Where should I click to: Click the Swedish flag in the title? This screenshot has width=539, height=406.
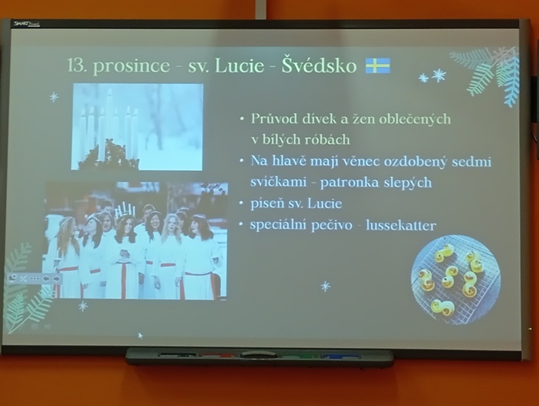coord(377,65)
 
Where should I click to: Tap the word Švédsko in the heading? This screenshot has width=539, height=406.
coord(319,65)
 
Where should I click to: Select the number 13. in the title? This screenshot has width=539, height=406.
coord(77,65)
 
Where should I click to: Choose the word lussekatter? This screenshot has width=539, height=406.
coord(401,226)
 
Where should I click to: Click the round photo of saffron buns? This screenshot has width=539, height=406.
coord(455,280)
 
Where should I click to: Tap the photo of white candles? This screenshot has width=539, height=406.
coord(137,126)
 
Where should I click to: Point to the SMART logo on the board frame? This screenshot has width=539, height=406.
coord(27,24)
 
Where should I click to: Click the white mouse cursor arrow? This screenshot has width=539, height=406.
coord(140,335)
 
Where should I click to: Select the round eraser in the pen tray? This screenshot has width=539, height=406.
coord(254,354)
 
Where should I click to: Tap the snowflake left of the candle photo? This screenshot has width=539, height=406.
coord(54,97)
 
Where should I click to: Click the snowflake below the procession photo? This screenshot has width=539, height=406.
coord(83,306)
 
